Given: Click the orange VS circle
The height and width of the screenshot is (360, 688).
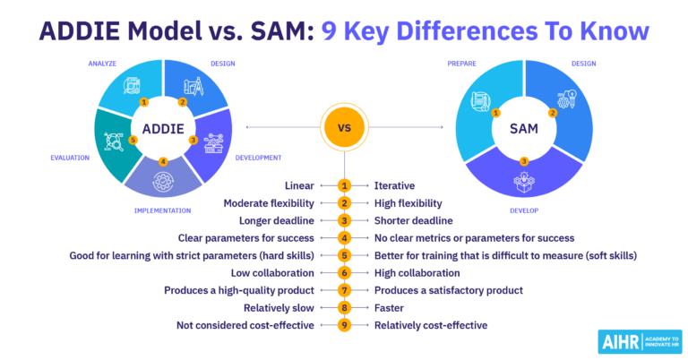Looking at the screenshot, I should point(344,127).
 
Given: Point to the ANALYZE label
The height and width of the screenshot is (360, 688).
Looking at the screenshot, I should point(103,64).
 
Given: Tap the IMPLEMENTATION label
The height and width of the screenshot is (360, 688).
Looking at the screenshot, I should point(160,210).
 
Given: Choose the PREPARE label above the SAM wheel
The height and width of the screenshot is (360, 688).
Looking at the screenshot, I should point(464,64).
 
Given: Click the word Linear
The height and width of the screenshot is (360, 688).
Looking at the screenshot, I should point(299,185).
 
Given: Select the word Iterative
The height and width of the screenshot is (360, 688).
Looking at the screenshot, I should point(394,185).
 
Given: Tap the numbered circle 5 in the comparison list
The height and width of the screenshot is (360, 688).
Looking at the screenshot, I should point(344,255).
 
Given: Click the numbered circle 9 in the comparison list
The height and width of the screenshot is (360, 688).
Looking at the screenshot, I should point(344,325).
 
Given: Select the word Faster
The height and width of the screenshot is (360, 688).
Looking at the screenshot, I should point(390,308).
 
